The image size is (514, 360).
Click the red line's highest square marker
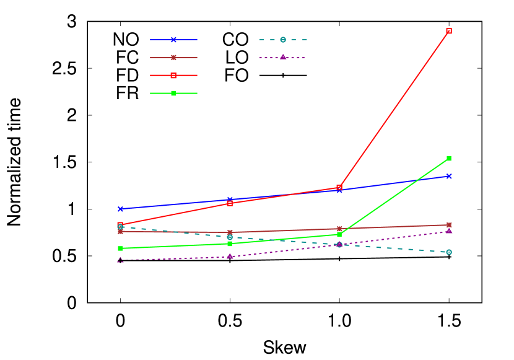[449, 31]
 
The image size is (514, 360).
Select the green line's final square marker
[449, 158]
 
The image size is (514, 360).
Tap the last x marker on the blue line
[449, 176]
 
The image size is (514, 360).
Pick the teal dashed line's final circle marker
[449, 252]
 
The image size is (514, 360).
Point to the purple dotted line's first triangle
[120, 260]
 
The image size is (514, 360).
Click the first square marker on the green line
[120, 248]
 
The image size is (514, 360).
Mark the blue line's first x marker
[120, 209]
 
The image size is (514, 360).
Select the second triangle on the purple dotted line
[230, 256]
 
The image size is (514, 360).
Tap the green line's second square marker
[230, 244]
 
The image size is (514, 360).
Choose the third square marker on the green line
[339, 234]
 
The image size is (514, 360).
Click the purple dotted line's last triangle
[449, 231]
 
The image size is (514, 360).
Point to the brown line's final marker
[449, 225]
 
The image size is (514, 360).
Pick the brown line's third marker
[339, 229]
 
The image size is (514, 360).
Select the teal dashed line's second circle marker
[230, 237]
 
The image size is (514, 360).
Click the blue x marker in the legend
[173, 40]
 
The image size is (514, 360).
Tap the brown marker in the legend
[173, 58]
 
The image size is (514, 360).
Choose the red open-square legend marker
[173, 76]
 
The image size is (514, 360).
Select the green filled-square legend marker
[173, 93]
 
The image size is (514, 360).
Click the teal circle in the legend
[283, 40]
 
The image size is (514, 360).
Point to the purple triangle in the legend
[283, 57]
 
